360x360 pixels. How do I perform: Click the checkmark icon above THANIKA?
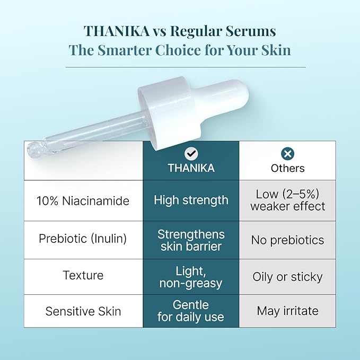click(x=191, y=154)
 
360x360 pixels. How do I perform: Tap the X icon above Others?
click(x=287, y=154)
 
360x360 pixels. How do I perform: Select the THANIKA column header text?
click(x=191, y=168)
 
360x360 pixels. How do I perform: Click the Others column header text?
click(x=287, y=168)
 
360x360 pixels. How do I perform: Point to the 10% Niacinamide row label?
click(x=83, y=201)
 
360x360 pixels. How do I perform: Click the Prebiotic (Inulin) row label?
click(x=83, y=239)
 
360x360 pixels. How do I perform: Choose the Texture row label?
click(x=83, y=276)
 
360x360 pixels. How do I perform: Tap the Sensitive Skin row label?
click(x=83, y=311)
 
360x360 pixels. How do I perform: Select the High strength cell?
click(x=191, y=200)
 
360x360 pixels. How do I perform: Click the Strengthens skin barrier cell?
click(x=191, y=240)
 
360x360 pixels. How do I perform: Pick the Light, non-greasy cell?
click(x=191, y=277)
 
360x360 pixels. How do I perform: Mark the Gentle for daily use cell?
click(x=191, y=311)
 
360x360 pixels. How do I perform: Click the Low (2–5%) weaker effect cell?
click(x=287, y=200)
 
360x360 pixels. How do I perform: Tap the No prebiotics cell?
click(x=287, y=240)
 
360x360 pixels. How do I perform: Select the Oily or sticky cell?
click(x=287, y=276)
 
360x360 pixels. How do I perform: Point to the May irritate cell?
click(x=287, y=311)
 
